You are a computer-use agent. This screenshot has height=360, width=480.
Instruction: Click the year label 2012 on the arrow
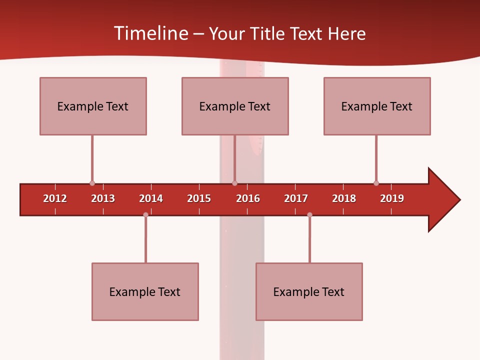[55, 198]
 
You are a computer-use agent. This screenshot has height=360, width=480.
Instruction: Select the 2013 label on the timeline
[103, 198]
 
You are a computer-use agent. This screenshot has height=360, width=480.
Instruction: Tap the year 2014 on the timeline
[151, 198]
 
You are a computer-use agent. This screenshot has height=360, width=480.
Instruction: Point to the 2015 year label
[199, 198]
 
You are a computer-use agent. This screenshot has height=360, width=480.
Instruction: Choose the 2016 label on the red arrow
[248, 198]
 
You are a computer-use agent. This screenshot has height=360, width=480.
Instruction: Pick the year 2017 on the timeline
[296, 198]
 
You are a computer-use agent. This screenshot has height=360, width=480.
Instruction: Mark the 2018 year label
[344, 198]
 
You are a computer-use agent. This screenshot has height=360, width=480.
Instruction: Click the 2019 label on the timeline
[392, 198]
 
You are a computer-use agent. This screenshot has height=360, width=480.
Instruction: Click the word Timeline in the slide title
[150, 33]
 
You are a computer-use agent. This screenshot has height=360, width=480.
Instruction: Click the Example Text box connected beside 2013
[93, 106]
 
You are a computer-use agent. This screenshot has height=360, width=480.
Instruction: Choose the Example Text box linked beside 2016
[235, 106]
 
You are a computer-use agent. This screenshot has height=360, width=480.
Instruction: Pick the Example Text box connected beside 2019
[377, 106]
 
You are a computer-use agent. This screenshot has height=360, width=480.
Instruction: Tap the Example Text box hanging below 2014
[145, 291]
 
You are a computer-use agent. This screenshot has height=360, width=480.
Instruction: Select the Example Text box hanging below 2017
[309, 291]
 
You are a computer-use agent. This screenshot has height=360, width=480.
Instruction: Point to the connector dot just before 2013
[92, 183]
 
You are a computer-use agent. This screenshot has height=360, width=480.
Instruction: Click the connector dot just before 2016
[235, 183]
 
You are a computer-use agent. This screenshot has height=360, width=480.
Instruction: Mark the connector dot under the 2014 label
[145, 215]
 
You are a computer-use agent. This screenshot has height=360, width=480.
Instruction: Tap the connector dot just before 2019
[376, 183]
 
